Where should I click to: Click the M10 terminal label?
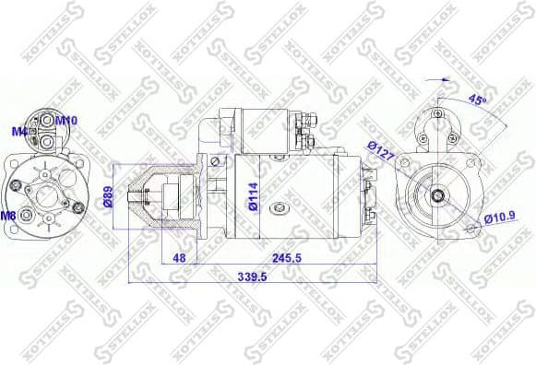(66, 120)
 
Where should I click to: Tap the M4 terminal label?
(19, 132)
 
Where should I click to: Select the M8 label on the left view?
(8, 216)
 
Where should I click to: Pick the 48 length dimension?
(180, 258)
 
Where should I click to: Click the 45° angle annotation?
(478, 99)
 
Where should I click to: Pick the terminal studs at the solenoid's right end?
(310, 131)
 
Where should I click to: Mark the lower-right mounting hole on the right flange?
(478, 230)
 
